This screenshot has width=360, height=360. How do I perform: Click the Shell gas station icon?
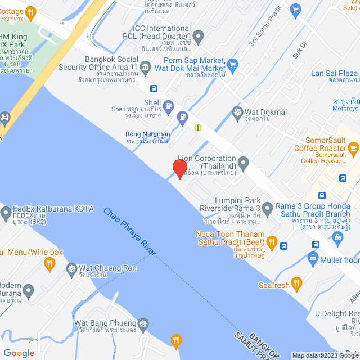[x=168, y=105]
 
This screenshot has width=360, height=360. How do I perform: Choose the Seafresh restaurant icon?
[x=298, y=283]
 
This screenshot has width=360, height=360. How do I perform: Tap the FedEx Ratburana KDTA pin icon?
[x=6, y=213]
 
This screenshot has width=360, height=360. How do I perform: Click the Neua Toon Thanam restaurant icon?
[x=272, y=244]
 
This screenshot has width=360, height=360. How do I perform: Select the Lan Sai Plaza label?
[x=334, y=74]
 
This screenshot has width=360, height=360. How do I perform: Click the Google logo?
[x=18, y=353]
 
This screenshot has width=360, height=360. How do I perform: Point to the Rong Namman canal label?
[x=147, y=137]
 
